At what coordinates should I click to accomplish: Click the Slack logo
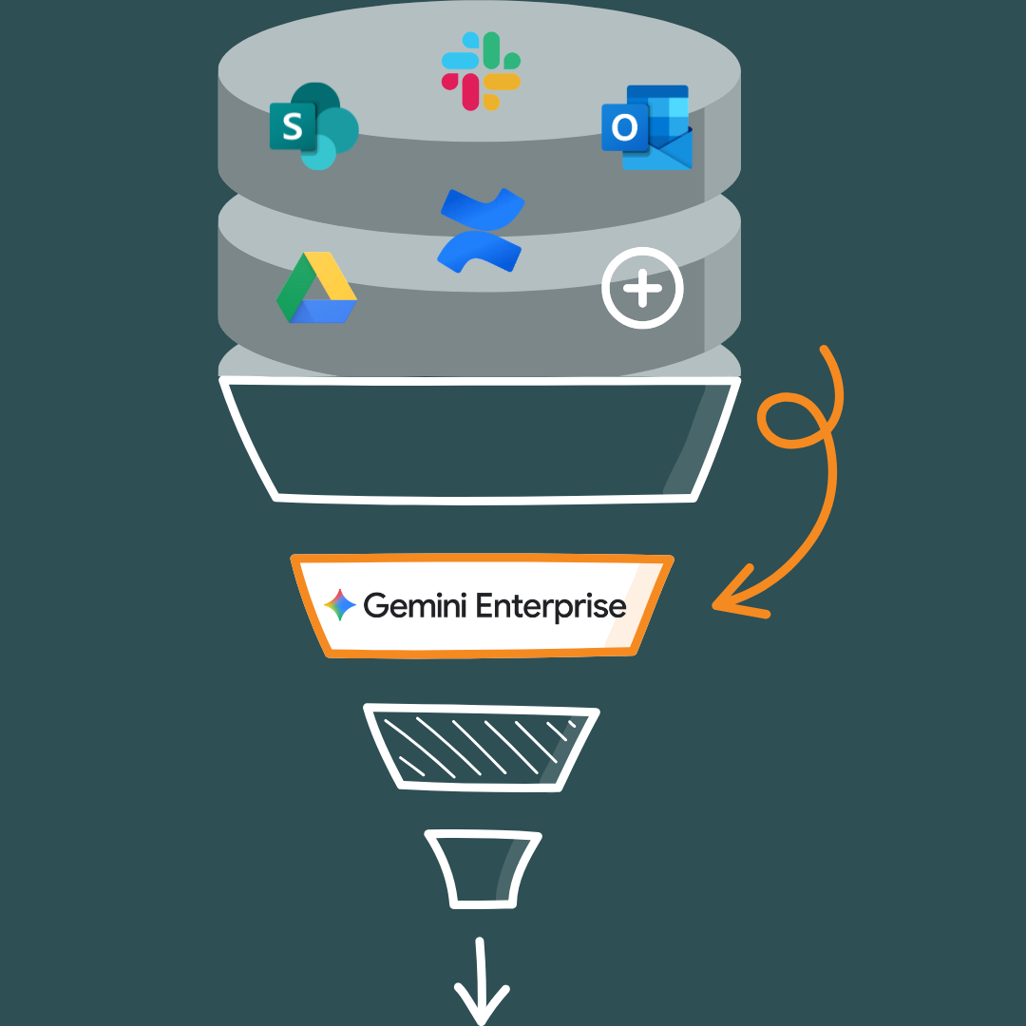(481, 70)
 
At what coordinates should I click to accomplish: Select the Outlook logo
(647, 128)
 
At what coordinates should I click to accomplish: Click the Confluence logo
(481, 230)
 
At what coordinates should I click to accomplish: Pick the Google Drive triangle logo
(317, 289)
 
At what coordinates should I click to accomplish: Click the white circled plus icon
(643, 288)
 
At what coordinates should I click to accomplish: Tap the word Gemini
(414, 605)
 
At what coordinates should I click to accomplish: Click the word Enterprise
(550, 606)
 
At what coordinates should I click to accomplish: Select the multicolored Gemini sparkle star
(340, 605)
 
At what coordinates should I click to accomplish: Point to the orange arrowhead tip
(715, 602)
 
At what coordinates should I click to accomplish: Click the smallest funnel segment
(483, 867)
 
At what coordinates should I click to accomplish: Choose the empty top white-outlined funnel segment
(480, 437)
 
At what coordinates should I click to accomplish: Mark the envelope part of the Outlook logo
(663, 152)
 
